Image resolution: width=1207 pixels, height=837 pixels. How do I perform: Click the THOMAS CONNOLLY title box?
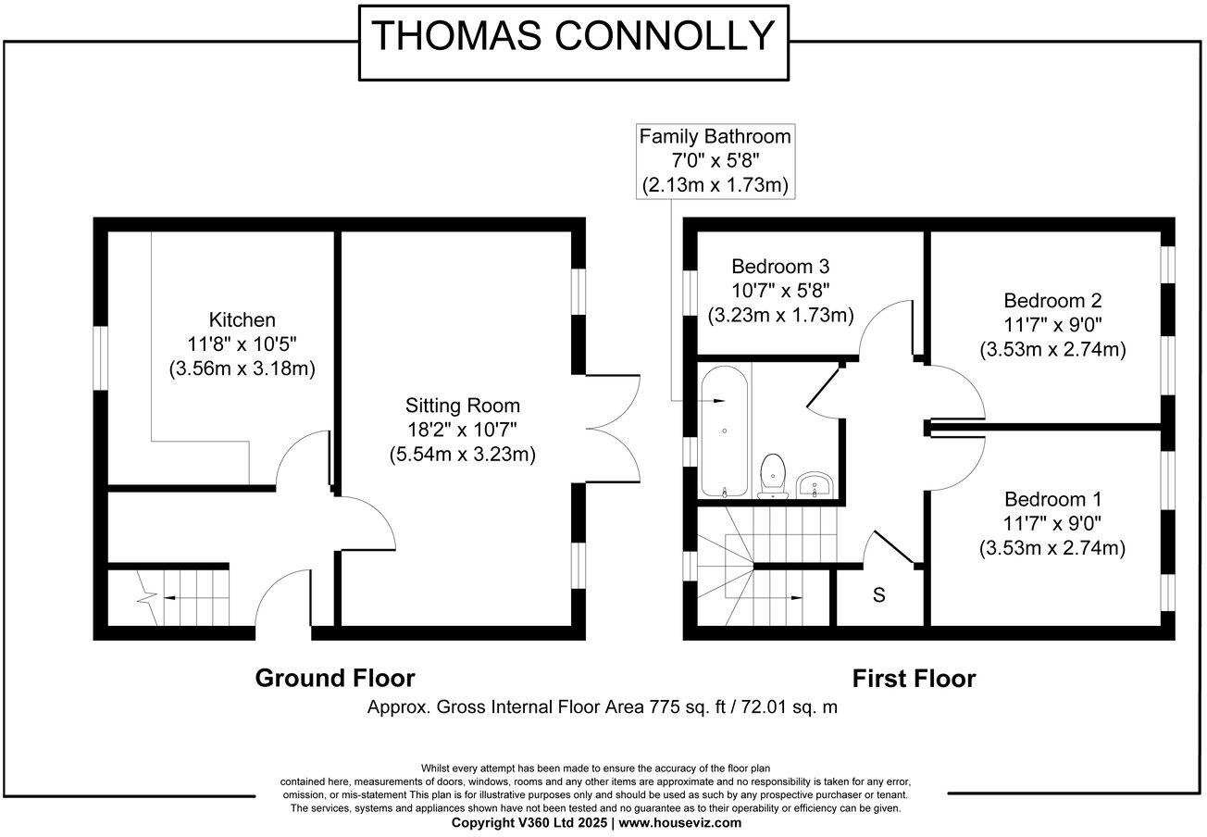(573, 36)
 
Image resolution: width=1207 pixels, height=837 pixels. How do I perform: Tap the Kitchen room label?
(242, 320)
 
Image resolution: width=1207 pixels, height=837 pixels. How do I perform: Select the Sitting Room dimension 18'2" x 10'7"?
(463, 431)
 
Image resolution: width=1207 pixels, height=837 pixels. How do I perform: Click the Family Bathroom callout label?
(715, 137)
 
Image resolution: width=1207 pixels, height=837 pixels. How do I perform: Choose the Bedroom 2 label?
(1052, 301)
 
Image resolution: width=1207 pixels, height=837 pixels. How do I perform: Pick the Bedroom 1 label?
(1052, 498)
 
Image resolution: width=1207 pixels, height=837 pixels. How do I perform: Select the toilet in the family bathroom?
(772, 475)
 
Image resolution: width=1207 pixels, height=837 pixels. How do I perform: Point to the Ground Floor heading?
(334, 679)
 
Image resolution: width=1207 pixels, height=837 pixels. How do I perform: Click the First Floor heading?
(914, 679)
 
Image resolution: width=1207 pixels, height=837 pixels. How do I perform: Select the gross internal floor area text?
(602, 707)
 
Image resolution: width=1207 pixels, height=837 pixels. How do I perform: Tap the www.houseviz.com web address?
(679, 822)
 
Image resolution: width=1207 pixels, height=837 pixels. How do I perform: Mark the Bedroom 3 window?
(690, 295)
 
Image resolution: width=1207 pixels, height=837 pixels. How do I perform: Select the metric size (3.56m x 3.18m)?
(242, 369)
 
